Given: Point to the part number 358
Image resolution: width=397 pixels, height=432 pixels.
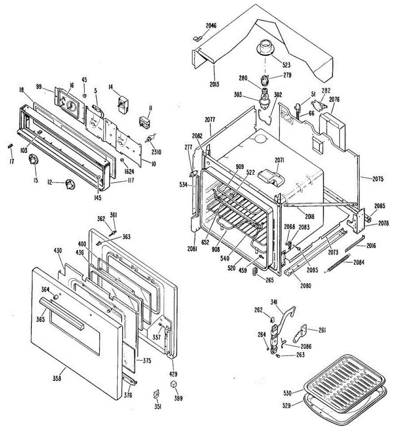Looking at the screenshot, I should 57,378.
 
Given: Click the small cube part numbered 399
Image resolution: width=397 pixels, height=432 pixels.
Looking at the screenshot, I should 174,384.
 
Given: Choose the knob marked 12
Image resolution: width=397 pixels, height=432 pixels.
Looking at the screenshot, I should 70,185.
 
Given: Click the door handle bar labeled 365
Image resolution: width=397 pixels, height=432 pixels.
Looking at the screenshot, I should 61,312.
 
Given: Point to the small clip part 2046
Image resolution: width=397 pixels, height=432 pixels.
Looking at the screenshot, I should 198,38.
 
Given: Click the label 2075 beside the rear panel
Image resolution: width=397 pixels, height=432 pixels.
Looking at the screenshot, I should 378,179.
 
